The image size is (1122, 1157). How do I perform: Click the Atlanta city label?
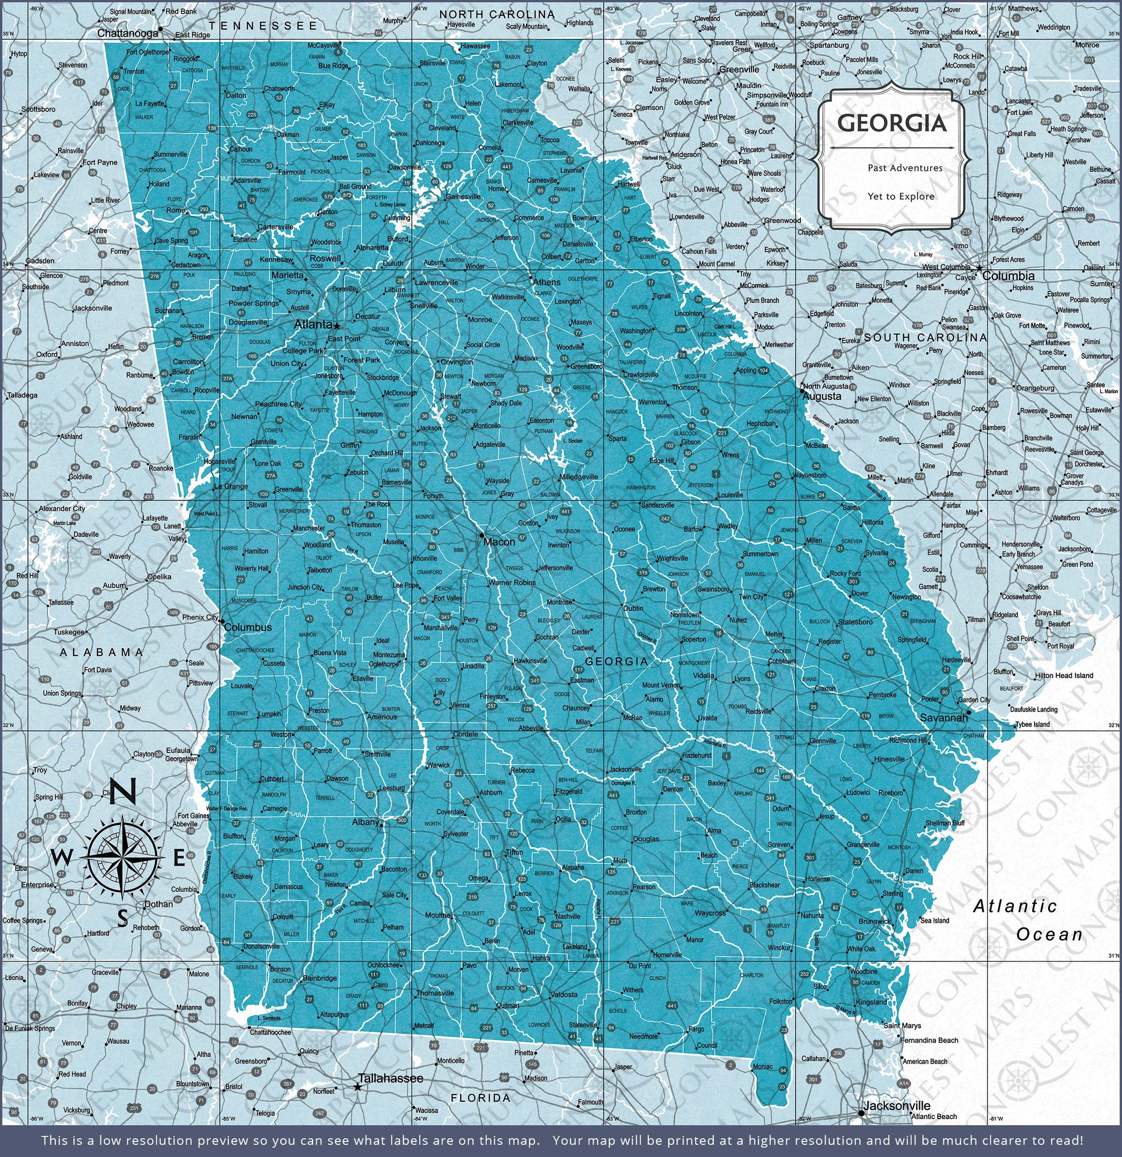[312, 324]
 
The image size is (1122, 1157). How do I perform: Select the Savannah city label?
[944, 718]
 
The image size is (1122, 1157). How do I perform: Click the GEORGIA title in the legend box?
[892, 123]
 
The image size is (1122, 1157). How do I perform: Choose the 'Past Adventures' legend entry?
[905, 168]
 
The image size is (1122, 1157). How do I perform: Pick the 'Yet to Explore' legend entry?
[901, 197]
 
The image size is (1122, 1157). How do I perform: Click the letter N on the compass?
[123, 791]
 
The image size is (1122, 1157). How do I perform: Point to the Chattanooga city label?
[127, 33]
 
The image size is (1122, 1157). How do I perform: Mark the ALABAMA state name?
[102, 652]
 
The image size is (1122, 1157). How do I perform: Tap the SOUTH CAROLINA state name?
[925, 337]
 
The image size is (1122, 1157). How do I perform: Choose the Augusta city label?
[821, 397]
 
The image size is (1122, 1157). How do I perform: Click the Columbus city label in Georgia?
[248, 627]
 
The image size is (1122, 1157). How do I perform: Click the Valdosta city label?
[563, 995]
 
